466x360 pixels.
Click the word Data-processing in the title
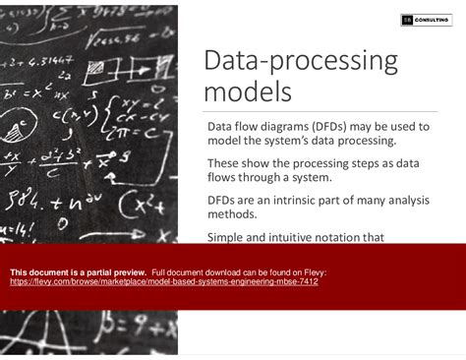pyautogui.click(x=300, y=62)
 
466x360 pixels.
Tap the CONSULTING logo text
pyautogui.click(x=435, y=20)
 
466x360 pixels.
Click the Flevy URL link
pyautogui.click(x=163, y=281)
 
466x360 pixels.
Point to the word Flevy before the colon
pyautogui.click(x=312, y=271)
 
